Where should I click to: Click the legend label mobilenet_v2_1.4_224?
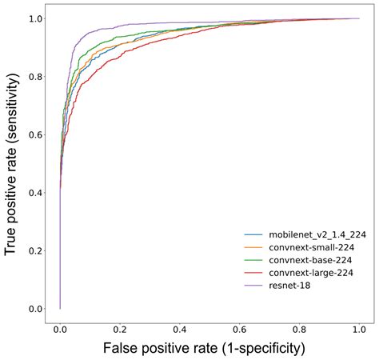point(312,234)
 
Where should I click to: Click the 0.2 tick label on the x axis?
point(120,328)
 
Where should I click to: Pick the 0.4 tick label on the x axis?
point(180,328)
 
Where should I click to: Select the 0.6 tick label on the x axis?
point(240,328)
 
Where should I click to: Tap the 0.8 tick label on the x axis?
point(300,328)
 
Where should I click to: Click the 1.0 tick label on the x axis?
point(359,328)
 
